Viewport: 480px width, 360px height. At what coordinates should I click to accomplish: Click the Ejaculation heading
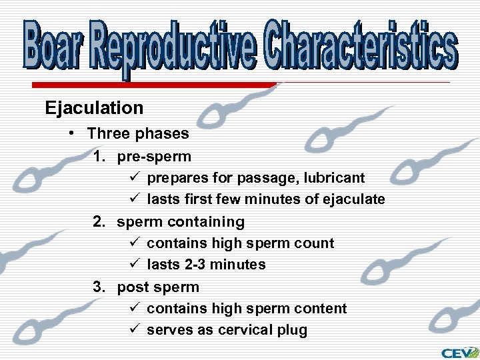point(94,108)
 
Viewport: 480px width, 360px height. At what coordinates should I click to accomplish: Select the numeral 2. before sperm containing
point(100,221)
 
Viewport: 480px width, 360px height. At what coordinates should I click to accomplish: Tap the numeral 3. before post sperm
point(100,287)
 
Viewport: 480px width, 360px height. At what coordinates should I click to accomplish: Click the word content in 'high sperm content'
point(322,309)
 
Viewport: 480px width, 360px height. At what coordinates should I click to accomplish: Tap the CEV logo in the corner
point(459,352)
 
